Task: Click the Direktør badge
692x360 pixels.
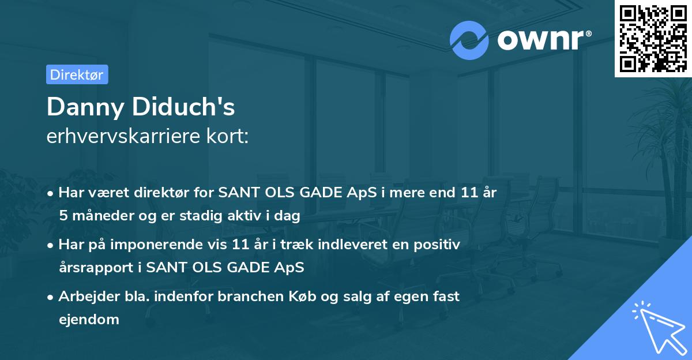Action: pyautogui.click(x=77, y=74)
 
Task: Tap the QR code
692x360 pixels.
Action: pyautogui.click(x=653, y=39)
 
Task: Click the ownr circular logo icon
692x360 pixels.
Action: pyautogui.click(x=469, y=40)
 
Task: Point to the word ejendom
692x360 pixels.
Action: pyautogui.click(x=89, y=320)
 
